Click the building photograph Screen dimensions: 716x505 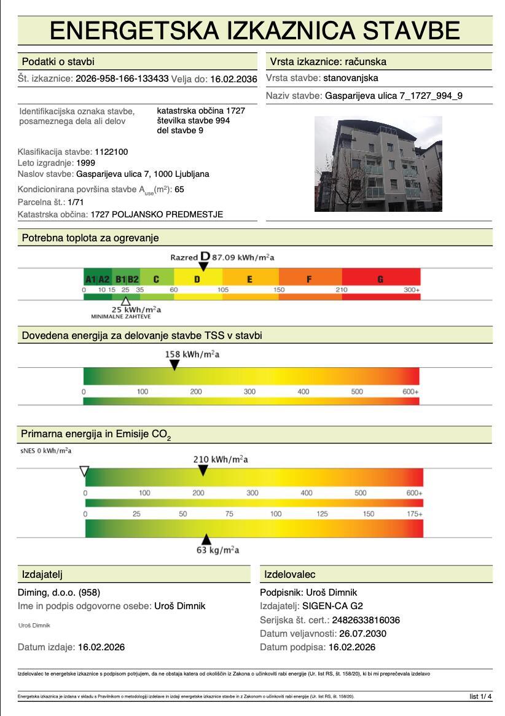378,164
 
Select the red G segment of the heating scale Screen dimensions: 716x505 381,279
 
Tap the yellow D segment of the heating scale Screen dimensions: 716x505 197,279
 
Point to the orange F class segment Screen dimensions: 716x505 310,279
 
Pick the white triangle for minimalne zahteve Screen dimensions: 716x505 125,301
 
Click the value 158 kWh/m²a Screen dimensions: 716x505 192,354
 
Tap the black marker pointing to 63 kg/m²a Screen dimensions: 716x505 206,539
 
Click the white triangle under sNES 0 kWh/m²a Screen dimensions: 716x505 85,471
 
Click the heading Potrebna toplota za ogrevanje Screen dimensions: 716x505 90,238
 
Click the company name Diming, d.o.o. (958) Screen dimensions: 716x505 59,593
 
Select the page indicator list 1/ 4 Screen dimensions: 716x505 480,696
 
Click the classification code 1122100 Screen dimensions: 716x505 111,152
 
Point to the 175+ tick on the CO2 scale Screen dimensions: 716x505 415,513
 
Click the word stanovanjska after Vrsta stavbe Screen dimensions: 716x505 350,78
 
